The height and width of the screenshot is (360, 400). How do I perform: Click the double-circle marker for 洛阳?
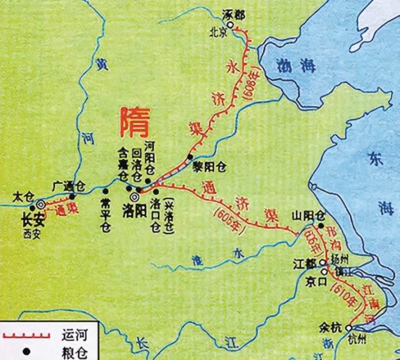135,197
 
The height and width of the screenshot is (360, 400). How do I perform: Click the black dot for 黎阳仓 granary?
190,157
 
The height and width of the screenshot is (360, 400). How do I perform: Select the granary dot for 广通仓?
72,196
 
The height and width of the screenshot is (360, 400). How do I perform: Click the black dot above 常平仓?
105,191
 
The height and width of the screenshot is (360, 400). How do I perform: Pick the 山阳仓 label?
309,216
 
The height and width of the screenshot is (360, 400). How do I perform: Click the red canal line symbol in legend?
26,336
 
